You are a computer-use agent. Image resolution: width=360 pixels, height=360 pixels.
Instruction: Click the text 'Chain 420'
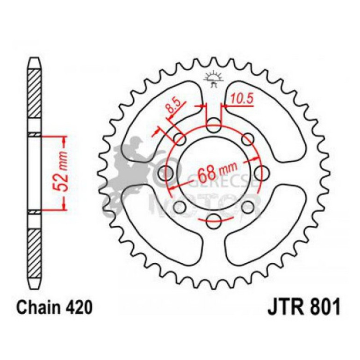point(51,308)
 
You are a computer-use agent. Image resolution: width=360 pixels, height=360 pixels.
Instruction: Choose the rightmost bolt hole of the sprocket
point(262,172)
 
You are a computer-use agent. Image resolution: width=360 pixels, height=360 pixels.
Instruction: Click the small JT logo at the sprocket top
point(214,78)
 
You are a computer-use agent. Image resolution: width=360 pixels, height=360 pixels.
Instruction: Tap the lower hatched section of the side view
point(36,252)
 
